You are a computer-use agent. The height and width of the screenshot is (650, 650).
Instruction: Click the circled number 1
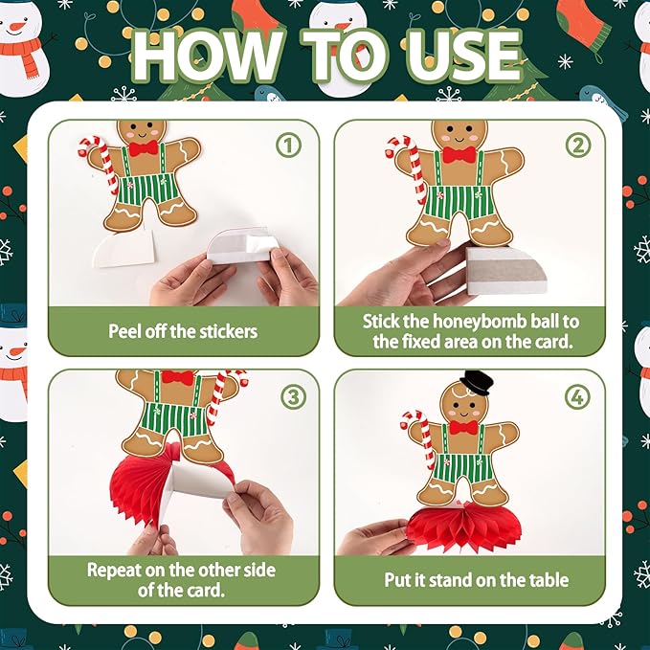pos(288,146)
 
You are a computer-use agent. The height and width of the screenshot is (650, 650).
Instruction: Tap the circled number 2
pos(578,146)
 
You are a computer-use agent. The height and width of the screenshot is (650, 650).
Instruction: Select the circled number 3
pos(293,397)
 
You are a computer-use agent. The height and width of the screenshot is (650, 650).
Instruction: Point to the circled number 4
pos(577,397)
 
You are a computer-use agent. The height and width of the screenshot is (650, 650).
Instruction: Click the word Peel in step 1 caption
pos(122,331)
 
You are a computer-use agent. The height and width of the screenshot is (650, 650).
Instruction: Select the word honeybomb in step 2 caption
pos(470,322)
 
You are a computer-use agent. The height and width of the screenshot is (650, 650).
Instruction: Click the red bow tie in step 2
pos(459,155)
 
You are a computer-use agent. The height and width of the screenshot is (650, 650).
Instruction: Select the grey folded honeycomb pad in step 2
pos(505,270)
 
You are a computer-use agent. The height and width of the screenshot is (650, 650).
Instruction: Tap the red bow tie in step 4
pos(463,427)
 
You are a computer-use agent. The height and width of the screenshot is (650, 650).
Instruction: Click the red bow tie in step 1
pos(144,148)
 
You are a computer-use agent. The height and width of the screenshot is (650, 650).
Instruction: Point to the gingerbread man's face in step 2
pos(459,134)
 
